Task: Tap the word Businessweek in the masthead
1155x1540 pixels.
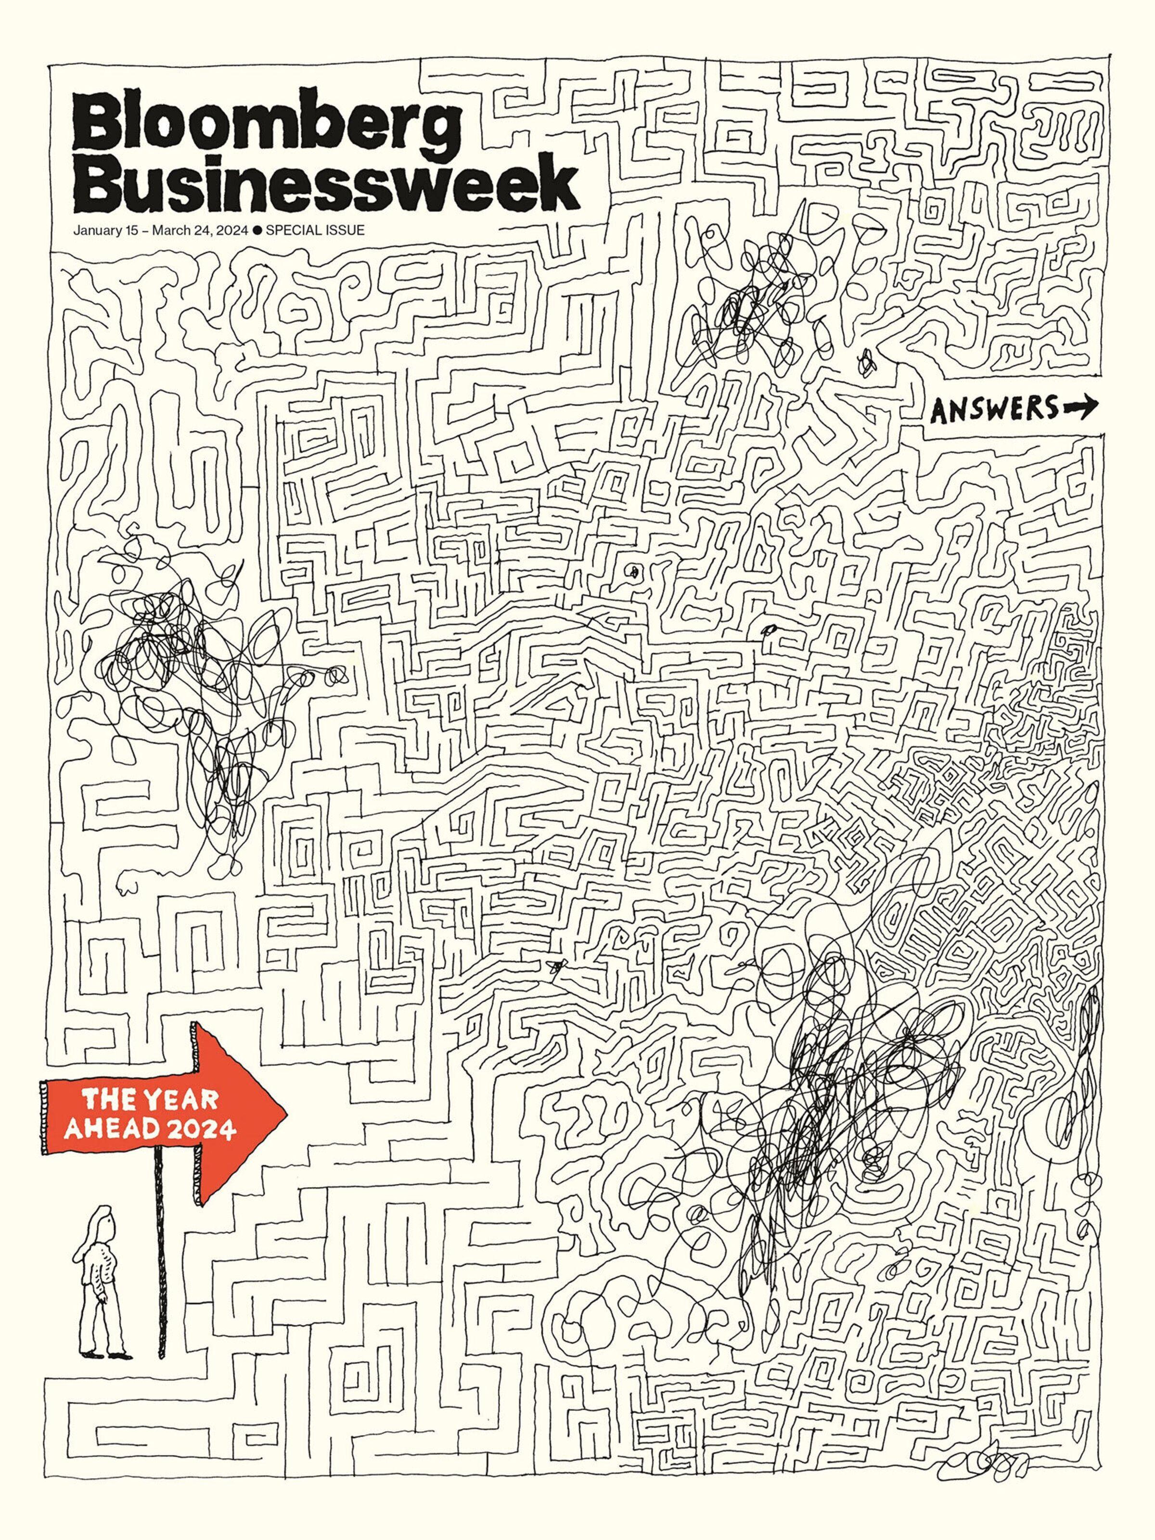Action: coord(325,184)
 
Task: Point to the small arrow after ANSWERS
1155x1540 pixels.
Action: coord(1078,407)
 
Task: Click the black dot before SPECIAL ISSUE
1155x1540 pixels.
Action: coord(257,231)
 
